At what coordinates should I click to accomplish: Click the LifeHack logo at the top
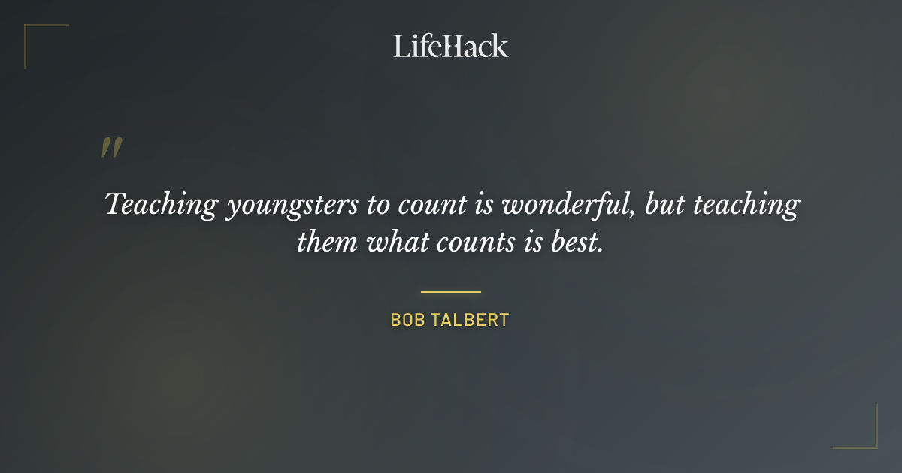pos(450,46)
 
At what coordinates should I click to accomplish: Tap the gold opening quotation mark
pos(110,148)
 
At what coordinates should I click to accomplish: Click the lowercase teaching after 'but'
pos(743,205)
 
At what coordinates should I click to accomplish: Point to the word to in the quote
pos(379,205)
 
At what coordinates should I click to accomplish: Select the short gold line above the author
pos(450,291)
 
